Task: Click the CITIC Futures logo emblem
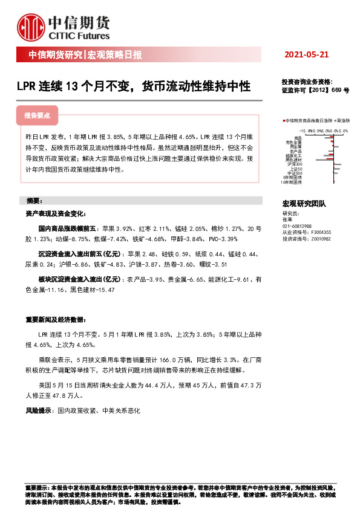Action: coord(31,25)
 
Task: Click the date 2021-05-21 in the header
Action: coord(306,54)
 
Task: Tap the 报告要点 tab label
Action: coord(37,115)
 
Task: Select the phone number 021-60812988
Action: coord(297,226)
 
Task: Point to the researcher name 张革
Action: coord(287,220)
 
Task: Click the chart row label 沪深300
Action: coord(295,164)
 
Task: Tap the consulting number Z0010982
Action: coord(322,239)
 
